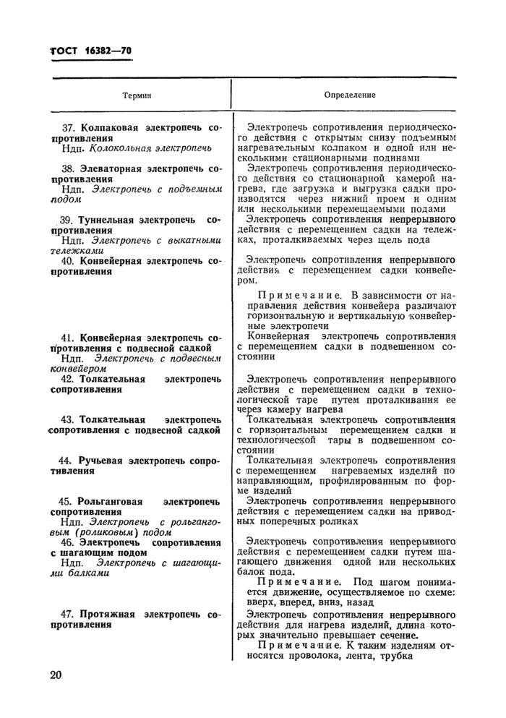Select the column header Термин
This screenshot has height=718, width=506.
137,95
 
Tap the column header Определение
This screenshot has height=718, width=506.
350,95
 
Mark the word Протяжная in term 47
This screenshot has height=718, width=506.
109,614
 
